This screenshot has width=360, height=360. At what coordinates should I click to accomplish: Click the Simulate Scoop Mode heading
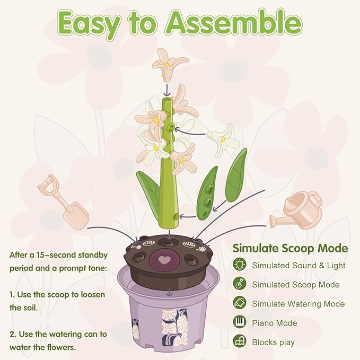pos(290,248)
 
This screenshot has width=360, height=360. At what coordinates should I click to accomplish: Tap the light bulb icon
pos(240,265)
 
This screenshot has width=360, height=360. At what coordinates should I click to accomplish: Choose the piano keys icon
pos(240,322)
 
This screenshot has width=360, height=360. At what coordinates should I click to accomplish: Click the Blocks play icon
pos(240,341)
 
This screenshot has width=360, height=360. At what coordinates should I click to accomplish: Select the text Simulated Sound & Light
pos(298,265)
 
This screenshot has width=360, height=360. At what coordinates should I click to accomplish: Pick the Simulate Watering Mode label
pos(298,303)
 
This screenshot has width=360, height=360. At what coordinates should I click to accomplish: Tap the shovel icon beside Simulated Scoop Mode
pos(240,284)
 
